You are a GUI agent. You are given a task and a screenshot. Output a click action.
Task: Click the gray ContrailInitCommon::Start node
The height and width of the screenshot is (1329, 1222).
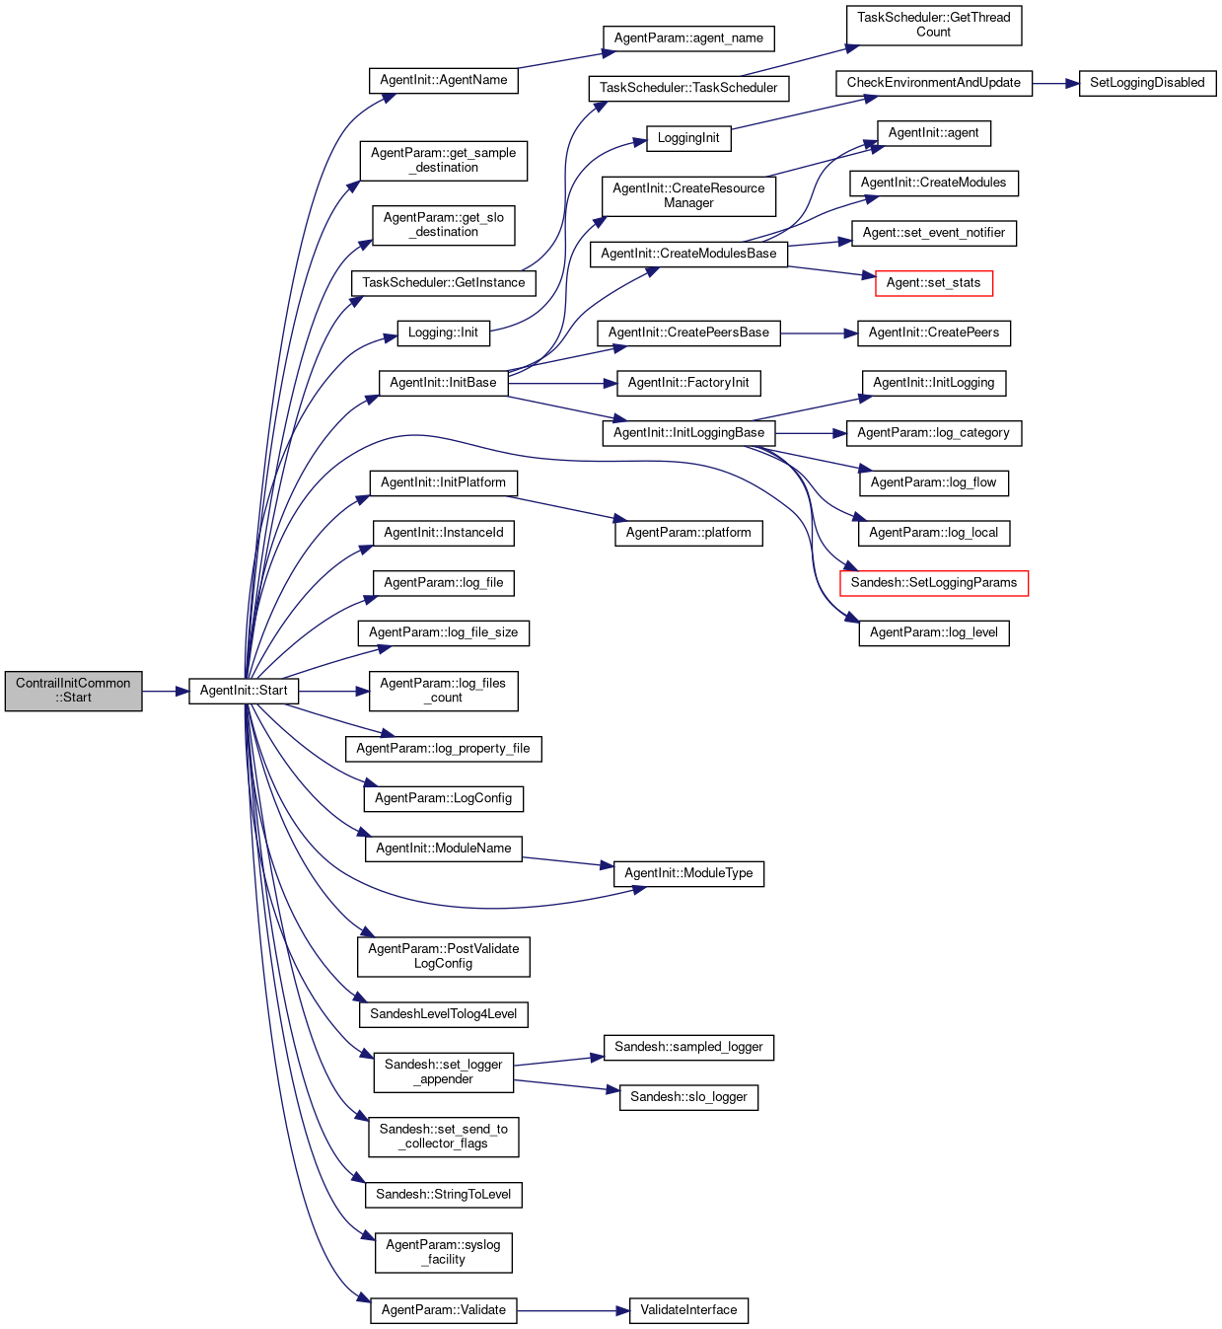[73, 691]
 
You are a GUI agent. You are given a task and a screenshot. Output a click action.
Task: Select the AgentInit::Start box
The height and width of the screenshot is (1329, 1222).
[244, 691]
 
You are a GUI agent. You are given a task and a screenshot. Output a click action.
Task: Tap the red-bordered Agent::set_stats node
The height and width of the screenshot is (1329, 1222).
[933, 283]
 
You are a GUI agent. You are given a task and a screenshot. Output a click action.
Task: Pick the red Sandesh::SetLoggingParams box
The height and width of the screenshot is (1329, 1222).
[933, 583]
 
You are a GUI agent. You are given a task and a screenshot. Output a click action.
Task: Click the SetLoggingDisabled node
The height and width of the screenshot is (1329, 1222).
[1147, 83]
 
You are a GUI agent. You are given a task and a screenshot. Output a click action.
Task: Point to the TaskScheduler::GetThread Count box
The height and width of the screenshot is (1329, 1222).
[933, 25]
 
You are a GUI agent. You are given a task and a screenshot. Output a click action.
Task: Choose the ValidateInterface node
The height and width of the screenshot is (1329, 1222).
[688, 1310]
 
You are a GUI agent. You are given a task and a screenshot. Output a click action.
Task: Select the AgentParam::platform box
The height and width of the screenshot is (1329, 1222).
[688, 533]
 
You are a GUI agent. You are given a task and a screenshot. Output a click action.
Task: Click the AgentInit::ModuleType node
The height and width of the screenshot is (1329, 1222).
[688, 873]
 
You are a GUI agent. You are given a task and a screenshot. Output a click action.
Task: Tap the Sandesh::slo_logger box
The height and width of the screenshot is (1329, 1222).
[688, 1097]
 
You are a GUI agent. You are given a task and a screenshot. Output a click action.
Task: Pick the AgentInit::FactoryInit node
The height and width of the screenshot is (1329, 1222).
[688, 383]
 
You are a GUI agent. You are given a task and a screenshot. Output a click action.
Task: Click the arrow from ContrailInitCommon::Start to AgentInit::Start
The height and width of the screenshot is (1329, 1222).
[165, 692]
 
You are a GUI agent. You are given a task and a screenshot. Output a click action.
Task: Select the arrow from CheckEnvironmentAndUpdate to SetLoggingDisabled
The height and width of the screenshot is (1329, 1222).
[1055, 84]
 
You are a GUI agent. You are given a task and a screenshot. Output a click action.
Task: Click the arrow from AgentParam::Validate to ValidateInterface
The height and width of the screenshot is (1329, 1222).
[572, 1311]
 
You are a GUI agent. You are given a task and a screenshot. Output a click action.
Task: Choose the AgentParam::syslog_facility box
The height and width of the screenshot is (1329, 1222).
[443, 1252]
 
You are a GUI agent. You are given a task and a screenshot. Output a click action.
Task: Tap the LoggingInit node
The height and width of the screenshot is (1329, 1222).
[688, 138]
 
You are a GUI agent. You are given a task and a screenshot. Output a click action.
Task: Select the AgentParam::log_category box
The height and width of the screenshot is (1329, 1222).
[933, 433]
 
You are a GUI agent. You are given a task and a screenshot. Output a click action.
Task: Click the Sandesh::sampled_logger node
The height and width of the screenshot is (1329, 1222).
[688, 1047]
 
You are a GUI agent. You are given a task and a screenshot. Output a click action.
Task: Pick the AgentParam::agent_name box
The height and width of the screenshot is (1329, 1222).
[688, 38]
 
